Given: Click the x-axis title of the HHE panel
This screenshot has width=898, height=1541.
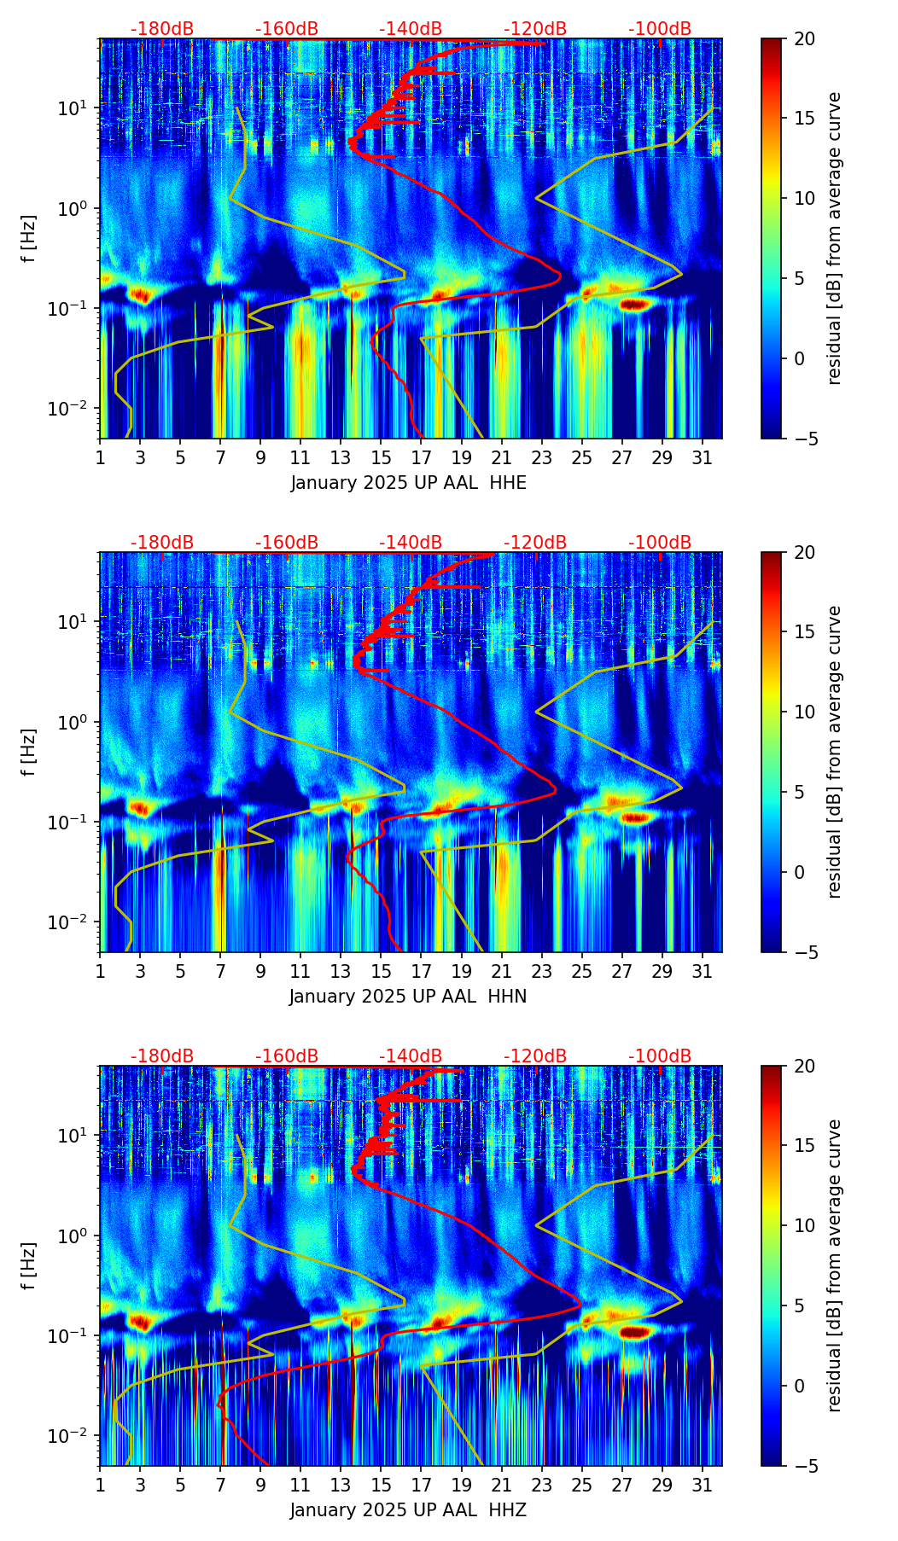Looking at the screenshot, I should click(408, 483).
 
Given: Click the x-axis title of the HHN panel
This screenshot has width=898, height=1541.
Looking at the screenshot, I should click(408, 997).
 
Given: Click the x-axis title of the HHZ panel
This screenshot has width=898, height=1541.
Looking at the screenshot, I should click(408, 1510).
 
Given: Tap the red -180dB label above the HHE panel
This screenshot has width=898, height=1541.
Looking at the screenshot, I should click(162, 29).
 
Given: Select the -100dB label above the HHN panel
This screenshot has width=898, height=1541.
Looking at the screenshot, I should click(660, 543).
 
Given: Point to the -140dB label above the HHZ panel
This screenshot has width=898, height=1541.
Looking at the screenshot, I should click(411, 1056).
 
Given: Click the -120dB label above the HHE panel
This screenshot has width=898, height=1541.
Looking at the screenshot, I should click(535, 29).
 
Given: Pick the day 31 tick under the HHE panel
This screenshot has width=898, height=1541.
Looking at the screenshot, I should click(703, 457).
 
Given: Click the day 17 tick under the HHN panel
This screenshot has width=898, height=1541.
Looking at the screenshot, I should click(421, 971).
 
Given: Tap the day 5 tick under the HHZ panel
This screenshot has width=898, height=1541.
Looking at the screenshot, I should click(180, 1485).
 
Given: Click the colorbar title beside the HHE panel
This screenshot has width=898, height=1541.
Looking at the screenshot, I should click(835, 238).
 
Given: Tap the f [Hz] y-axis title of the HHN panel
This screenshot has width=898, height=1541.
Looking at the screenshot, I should click(29, 752).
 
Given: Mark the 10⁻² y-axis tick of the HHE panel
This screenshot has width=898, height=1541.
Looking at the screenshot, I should click(73, 410).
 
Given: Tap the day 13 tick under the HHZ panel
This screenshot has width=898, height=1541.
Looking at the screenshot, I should click(341, 1485).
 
